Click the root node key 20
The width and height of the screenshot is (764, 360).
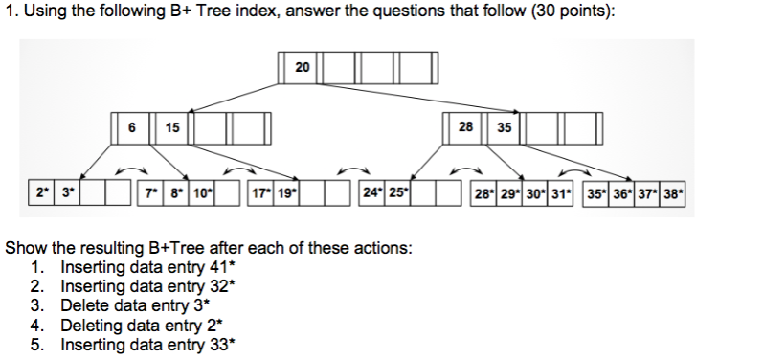[303, 67]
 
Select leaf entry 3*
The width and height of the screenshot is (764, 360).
[68, 191]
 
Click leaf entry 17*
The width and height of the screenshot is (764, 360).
[260, 191]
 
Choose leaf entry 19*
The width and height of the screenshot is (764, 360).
[286, 191]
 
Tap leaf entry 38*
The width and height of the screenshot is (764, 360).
[674, 191]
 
